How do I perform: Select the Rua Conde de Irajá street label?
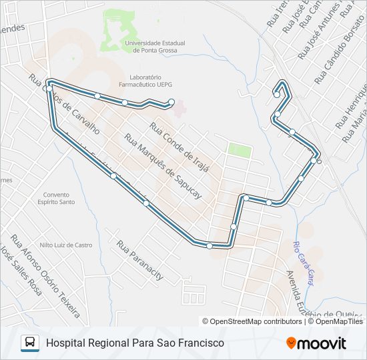(x=179, y=147)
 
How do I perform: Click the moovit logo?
(x=316, y=343)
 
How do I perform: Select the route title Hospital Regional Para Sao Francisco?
(x=135, y=343)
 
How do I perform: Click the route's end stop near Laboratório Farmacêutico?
(x=171, y=101)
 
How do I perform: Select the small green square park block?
(x=240, y=149)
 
